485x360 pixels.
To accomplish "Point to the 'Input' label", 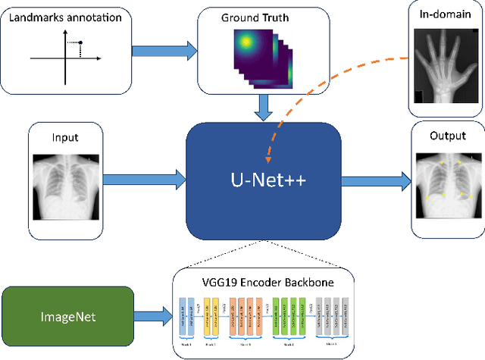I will (65, 139).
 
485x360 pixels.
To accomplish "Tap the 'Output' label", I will (444, 139).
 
